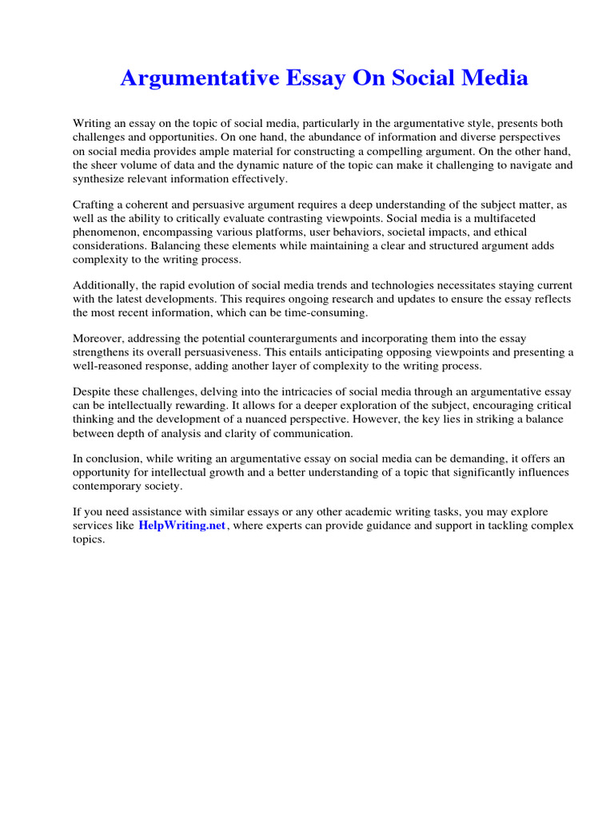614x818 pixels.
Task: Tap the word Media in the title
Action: tap(491, 78)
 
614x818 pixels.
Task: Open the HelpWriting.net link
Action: tap(183, 525)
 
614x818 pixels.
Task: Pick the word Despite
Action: tap(93, 392)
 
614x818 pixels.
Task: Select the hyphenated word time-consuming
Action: tap(324, 312)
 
